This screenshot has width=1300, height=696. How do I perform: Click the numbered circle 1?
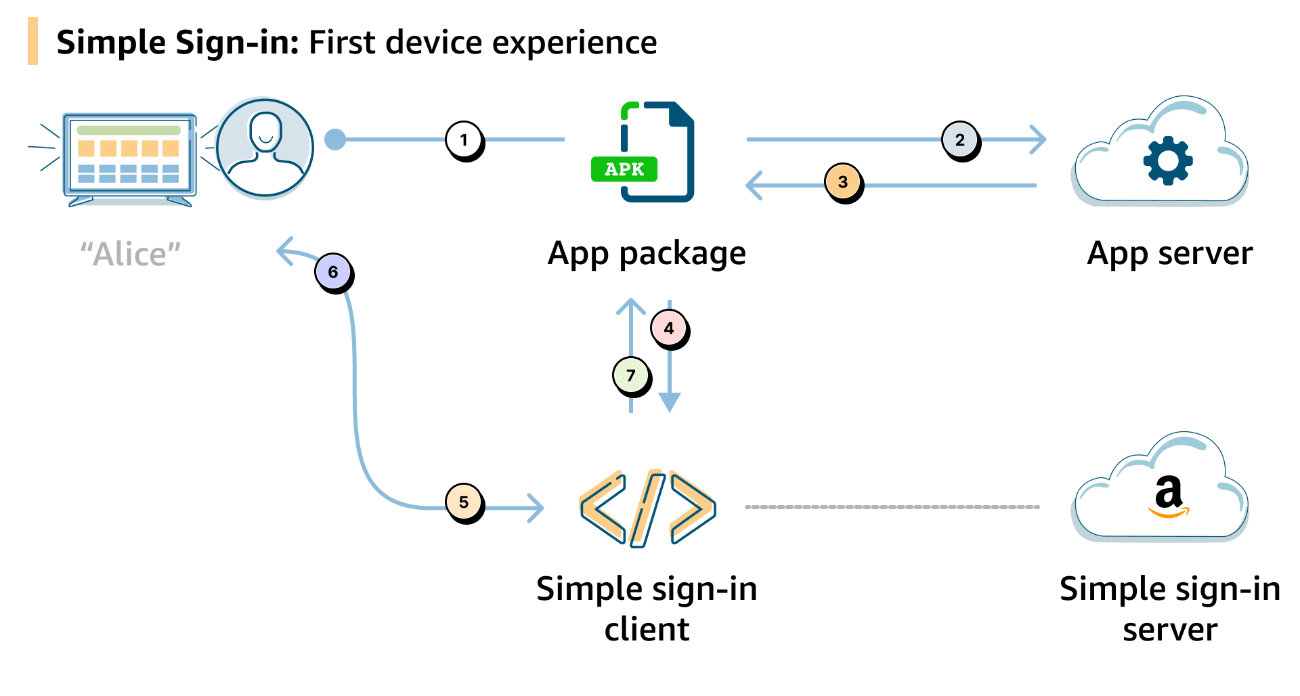464,139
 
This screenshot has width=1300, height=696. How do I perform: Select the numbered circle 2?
959,139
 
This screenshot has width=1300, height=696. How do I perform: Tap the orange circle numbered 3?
842,181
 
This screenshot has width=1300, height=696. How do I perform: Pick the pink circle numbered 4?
668,328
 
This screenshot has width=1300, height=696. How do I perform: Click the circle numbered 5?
463,502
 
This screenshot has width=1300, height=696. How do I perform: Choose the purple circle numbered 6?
332,271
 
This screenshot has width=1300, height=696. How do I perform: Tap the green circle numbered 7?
630,375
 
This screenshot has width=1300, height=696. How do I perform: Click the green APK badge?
624,169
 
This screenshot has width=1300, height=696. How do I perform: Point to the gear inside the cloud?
1167,160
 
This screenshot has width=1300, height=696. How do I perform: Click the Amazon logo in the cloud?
1169,497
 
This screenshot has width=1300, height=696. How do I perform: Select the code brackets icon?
647,508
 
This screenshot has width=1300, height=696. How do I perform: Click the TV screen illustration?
129,156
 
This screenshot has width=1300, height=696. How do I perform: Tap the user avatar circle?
265,148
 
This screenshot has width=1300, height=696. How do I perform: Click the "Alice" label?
131,255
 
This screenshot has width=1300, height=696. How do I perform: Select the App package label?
647,254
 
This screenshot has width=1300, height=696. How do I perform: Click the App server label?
1169,254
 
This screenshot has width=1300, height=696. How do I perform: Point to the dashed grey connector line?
891,506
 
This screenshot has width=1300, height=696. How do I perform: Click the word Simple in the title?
111,43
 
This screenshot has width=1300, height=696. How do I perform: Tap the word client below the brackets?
647,630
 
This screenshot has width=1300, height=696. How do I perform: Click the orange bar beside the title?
32,41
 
